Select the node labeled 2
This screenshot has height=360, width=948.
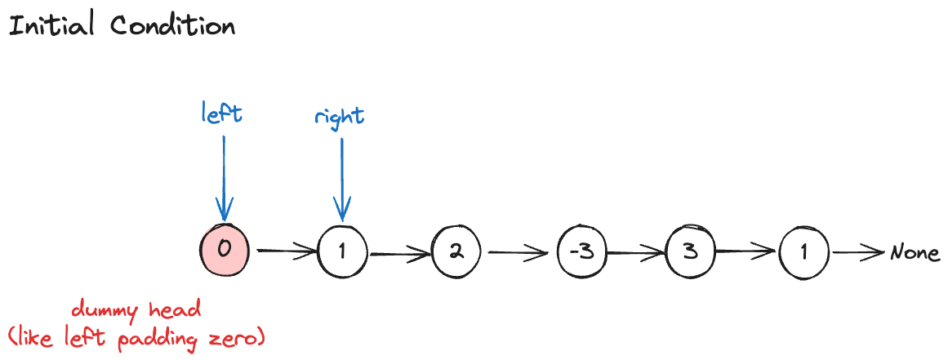[457, 251]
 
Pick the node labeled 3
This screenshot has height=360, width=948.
[691, 251]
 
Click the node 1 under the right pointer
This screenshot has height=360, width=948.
[343, 251]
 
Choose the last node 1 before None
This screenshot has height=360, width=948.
[804, 251]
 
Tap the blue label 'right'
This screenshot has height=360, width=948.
[340, 117]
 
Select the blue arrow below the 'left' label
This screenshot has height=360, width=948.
[223, 176]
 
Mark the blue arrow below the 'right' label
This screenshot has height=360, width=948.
[342, 180]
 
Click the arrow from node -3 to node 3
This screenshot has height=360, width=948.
[636, 252]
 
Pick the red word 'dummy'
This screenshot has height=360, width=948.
[101, 311]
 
